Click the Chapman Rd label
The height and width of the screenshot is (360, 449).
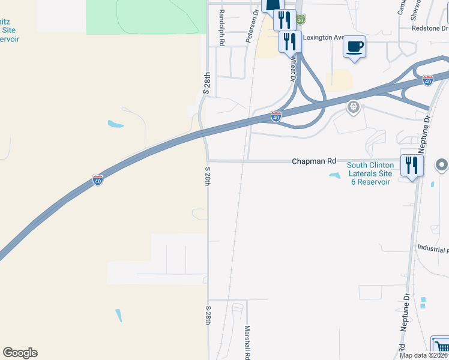coord(314,161)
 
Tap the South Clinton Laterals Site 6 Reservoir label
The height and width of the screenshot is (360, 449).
coord(370,173)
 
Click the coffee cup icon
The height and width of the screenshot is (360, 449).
coord(355,47)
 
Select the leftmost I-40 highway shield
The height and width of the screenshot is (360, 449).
coord(98,180)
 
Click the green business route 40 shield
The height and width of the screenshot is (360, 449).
coord(300,20)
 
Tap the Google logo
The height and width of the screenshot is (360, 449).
coord(20,353)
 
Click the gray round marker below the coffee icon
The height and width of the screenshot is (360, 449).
coord(354,108)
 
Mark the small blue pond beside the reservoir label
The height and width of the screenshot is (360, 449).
coord(334,175)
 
